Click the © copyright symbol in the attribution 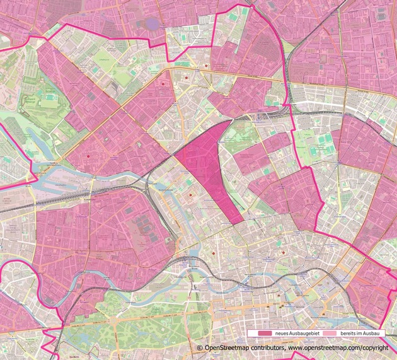tap(200, 348)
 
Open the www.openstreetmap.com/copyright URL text tap(338, 348)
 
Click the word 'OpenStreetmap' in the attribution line tap(221, 348)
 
